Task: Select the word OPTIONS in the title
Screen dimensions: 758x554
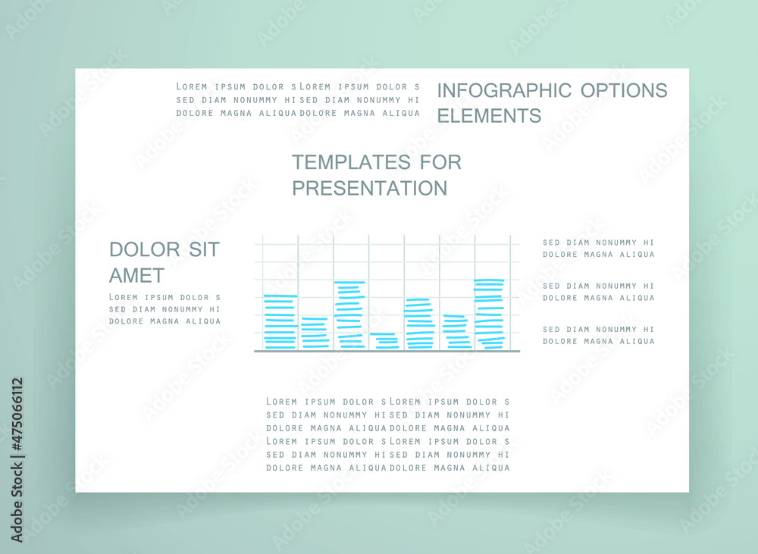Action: [x=624, y=90]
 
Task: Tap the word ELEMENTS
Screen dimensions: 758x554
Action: [x=489, y=116]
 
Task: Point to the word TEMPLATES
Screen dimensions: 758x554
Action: [x=351, y=162]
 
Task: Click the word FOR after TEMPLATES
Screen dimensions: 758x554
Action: [x=440, y=162]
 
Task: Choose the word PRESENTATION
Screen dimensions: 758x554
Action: [x=369, y=188]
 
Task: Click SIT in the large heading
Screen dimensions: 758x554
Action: [x=204, y=249]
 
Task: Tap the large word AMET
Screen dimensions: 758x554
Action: [x=136, y=276]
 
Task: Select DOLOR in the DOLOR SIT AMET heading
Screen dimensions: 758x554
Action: [x=145, y=249]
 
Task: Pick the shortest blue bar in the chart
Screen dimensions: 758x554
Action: [x=384, y=340]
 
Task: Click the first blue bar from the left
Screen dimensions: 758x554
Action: [x=280, y=321]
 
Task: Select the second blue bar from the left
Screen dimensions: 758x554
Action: [x=315, y=333]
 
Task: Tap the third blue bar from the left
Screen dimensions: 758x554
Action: [x=349, y=315]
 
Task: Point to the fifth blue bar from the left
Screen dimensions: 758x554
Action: [x=420, y=324]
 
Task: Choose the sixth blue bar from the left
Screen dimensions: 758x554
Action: [x=456, y=332]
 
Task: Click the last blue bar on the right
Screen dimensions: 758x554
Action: [x=489, y=314]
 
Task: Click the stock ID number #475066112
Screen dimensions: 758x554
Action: [x=17, y=414]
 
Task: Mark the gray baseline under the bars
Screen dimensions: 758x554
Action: [x=387, y=351]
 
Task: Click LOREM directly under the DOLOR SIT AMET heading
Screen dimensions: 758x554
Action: [x=124, y=297]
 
